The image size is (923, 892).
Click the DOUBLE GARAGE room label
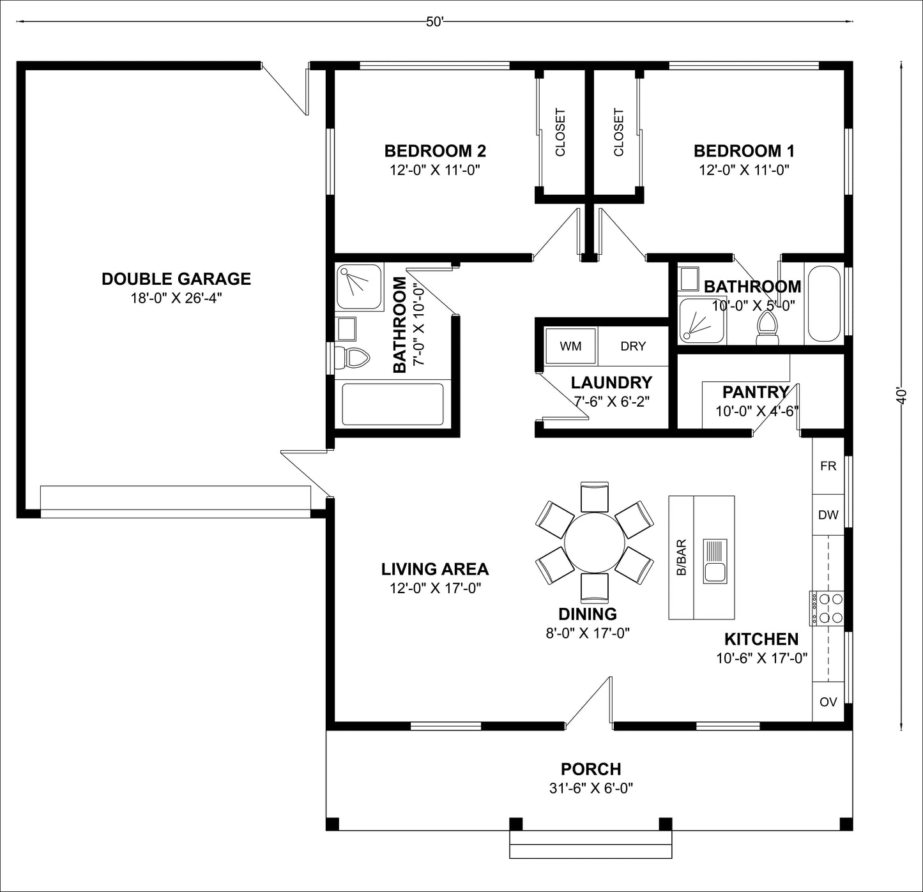click(176, 279)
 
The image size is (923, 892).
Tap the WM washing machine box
click(570, 346)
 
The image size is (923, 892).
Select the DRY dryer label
click(633, 346)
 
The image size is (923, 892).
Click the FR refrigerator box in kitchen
click(828, 466)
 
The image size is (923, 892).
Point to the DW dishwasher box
click(828, 515)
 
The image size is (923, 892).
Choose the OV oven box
click(828, 702)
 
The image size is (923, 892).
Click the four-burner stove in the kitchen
click(827, 608)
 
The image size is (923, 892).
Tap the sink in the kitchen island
click(715, 561)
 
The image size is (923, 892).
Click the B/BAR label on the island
click(681, 557)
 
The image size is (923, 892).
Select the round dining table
click(595, 543)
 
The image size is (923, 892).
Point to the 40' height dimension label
click(901, 396)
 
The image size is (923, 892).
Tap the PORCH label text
click(591, 769)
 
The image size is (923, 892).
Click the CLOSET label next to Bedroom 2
click(560, 132)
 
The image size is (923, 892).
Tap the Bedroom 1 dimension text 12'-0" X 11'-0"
click(744, 170)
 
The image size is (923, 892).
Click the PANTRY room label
click(756, 392)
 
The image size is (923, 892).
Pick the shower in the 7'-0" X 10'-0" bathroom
click(358, 287)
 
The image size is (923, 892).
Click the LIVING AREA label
click(435, 569)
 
